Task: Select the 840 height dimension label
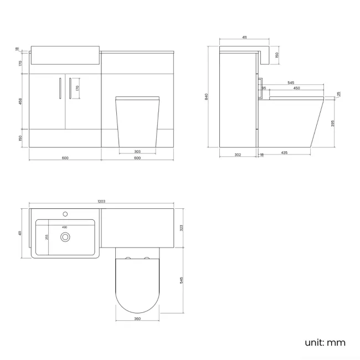(207, 96)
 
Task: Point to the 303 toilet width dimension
(137, 151)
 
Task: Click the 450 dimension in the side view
(297, 88)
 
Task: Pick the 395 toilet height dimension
(333, 122)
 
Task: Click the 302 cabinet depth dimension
(238, 155)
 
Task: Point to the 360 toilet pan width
(137, 320)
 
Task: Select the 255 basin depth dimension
(47, 236)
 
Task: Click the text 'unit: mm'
(325, 342)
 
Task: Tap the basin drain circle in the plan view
(66, 238)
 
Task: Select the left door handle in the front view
(59, 89)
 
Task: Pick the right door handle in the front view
(70, 89)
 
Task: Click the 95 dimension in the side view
(264, 88)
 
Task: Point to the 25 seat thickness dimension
(338, 94)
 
